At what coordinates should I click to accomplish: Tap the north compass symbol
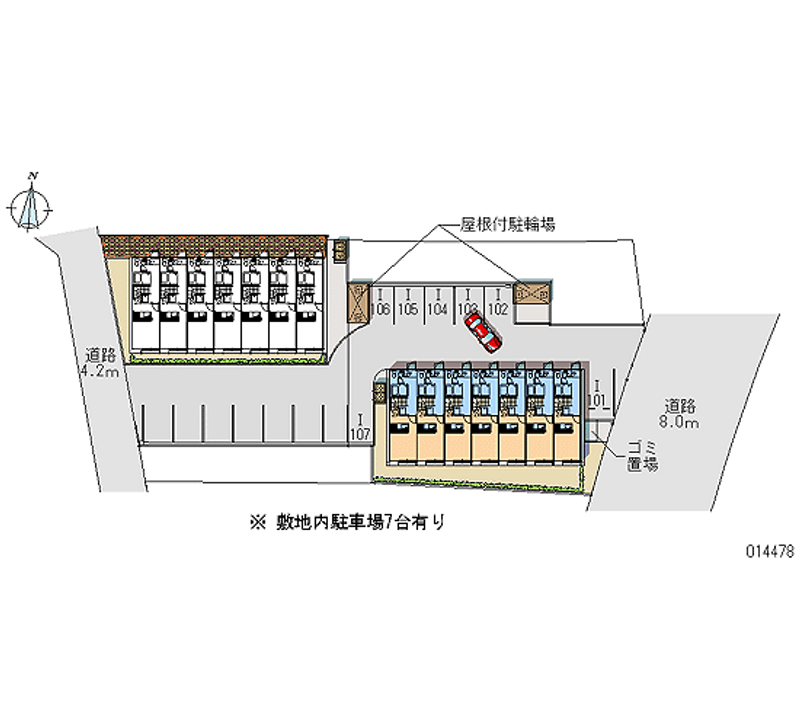(33, 207)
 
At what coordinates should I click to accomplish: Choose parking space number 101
(597, 399)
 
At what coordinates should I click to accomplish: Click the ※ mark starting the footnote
(258, 521)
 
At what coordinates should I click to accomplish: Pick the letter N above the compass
(34, 176)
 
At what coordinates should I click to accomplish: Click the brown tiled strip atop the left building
(216, 243)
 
